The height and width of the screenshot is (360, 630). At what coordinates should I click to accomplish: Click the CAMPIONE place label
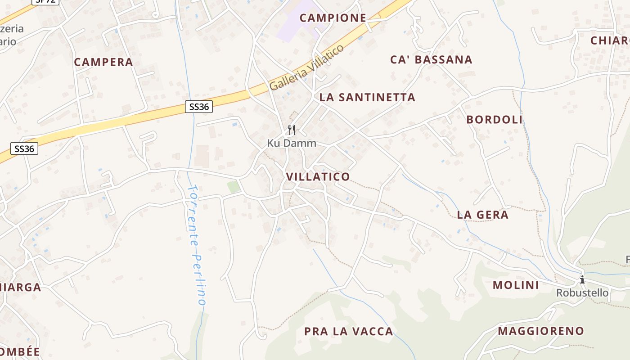coord(333,18)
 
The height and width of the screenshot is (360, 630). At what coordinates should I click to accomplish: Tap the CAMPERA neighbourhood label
coord(103,62)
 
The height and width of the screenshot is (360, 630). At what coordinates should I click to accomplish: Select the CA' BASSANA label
coord(431,59)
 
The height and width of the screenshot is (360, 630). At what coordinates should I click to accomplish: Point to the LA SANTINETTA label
coord(367,97)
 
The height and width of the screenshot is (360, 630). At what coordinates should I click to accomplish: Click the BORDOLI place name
coord(494,120)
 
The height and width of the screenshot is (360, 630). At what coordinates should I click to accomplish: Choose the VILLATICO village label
coord(318,176)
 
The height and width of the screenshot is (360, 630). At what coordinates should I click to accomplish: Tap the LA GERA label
coord(482,215)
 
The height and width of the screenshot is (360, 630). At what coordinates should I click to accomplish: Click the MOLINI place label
coord(516,285)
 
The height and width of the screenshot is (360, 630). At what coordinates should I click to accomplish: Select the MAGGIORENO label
coord(540,331)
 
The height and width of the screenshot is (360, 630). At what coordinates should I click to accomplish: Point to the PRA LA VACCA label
coord(348,332)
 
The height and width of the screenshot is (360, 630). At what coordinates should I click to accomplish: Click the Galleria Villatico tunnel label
coord(306,67)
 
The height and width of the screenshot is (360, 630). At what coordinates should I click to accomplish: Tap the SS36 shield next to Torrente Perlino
coord(198,107)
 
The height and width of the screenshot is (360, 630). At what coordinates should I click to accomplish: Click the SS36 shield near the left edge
coord(24,148)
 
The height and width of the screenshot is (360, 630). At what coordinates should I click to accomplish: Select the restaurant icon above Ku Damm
coord(292,130)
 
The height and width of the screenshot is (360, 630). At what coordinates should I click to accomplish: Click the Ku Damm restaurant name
coord(292,144)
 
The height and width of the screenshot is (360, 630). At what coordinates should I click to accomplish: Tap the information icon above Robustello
coord(582,279)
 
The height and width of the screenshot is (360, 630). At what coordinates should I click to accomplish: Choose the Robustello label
coord(582,293)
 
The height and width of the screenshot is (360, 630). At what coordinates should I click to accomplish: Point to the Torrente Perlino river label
coord(197,245)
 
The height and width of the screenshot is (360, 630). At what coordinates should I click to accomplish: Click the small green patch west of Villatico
coord(233,187)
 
